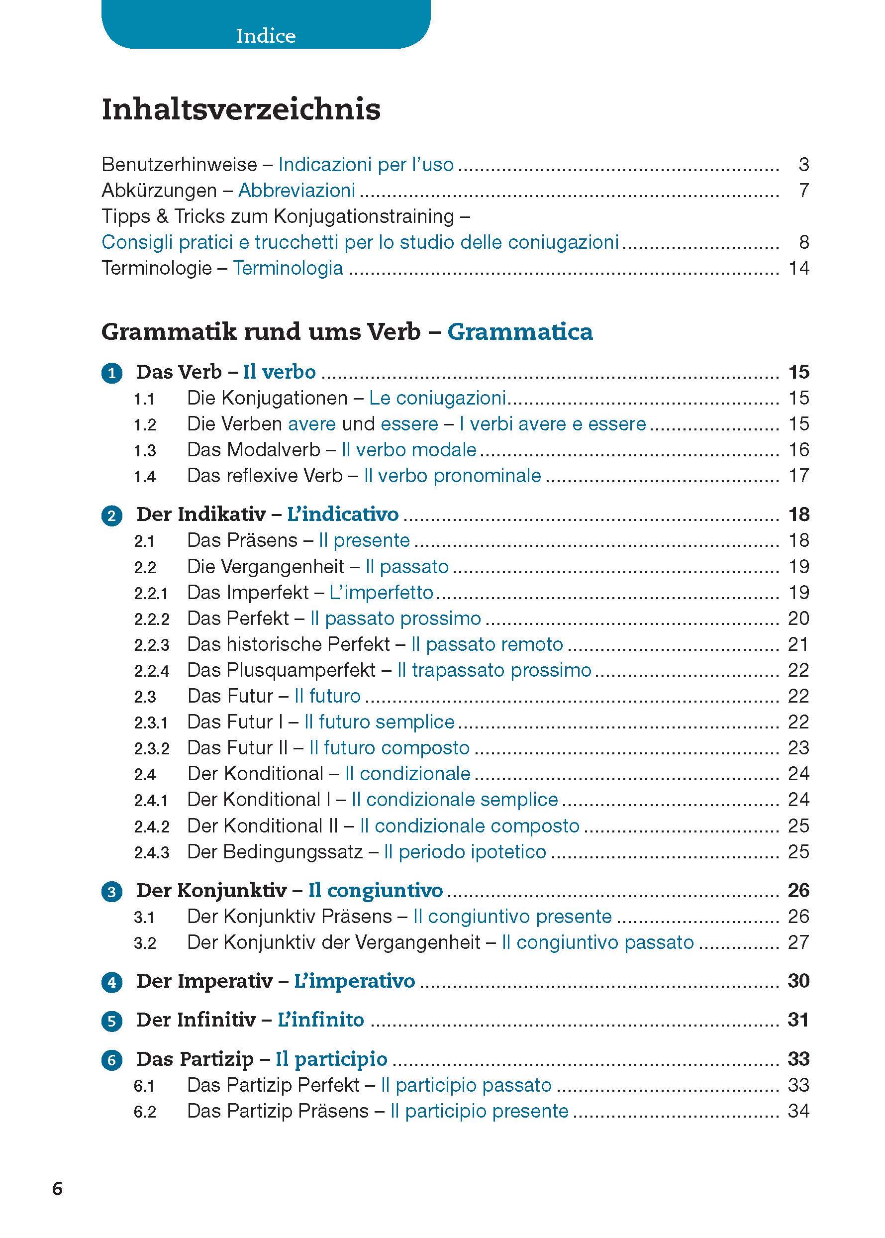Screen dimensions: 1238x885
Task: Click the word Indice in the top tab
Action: (x=266, y=36)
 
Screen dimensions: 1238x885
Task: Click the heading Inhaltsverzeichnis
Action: (x=241, y=109)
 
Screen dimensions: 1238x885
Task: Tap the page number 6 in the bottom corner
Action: (x=57, y=1188)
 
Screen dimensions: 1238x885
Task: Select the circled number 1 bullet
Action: (x=112, y=373)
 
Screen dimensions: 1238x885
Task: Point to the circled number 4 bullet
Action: (x=112, y=982)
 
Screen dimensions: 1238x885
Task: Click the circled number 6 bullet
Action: (x=112, y=1060)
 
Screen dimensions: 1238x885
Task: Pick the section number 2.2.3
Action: (x=152, y=645)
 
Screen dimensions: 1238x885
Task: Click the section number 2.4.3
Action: (x=152, y=852)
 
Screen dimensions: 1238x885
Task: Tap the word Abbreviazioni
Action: (x=296, y=190)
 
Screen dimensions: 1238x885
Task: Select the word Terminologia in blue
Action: (x=288, y=268)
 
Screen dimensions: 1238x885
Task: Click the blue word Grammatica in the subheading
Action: (x=520, y=332)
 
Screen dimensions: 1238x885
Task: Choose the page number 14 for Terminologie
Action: (x=799, y=268)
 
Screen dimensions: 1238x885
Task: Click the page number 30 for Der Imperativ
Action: (x=798, y=981)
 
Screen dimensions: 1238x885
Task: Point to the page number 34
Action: (x=798, y=1111)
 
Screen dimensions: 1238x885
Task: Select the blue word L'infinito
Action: (x=320, y=1020)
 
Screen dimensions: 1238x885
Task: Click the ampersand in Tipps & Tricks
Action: (x=162, y=216)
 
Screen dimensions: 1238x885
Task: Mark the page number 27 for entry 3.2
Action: (x=798, y=942)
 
